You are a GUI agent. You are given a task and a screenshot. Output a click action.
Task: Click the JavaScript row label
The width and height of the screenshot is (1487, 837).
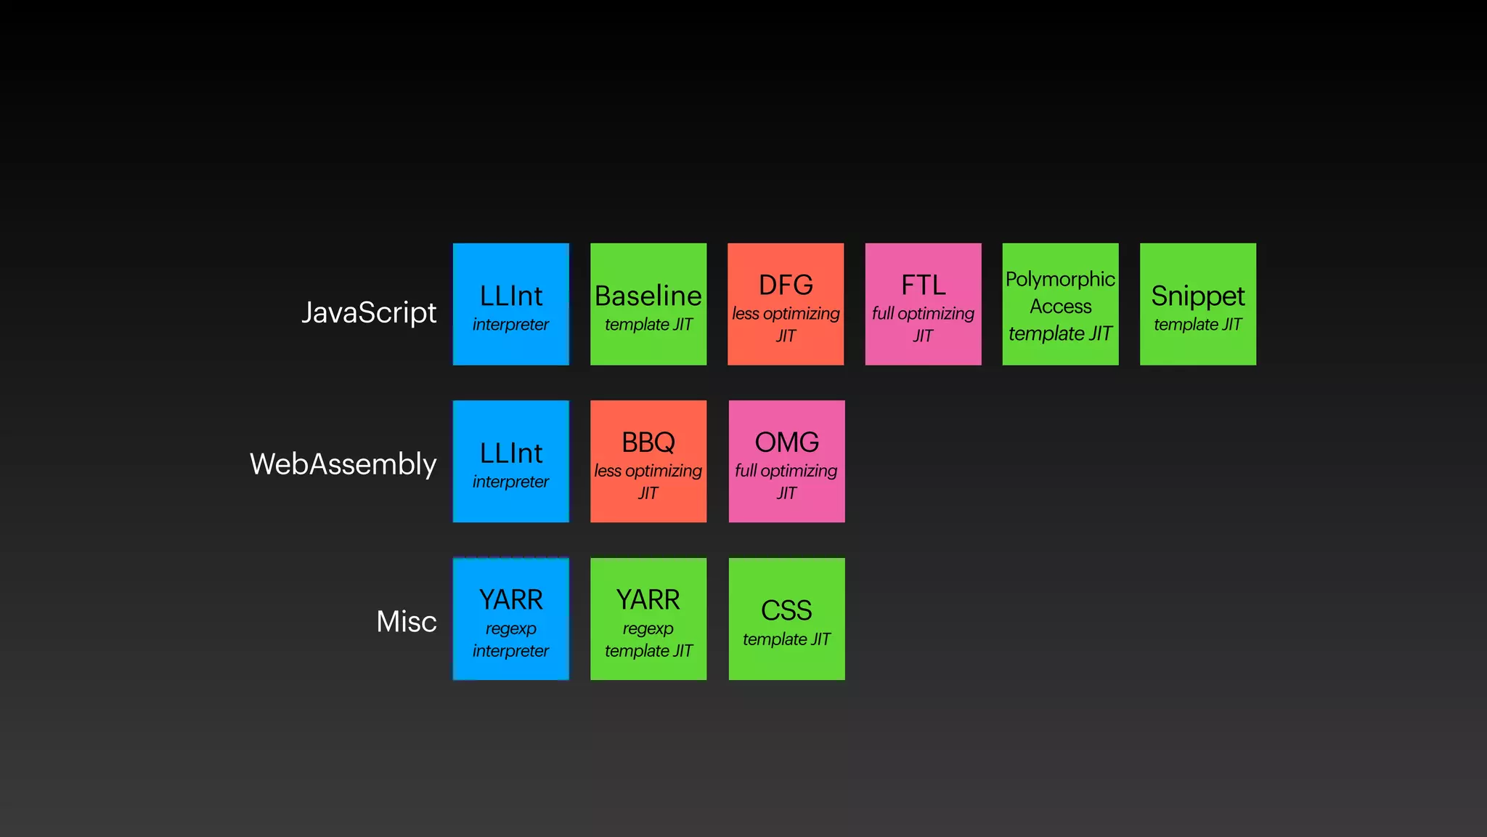click(x=369, y=312)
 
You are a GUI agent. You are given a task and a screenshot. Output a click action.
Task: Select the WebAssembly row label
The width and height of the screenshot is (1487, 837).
click(x=343, y=464)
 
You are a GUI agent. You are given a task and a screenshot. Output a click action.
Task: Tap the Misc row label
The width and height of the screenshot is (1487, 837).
click(x=406, y=622)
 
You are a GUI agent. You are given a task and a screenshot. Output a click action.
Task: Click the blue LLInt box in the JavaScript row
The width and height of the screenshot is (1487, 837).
click(x=510, y=304)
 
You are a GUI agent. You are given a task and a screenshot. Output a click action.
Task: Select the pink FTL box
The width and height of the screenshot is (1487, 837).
click(x=923, y=304)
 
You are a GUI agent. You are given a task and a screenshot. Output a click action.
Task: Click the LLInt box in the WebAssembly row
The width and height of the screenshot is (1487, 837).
click(x=510, y=461)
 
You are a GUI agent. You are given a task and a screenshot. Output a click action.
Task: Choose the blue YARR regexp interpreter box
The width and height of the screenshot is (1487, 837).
click(x=510, y=619)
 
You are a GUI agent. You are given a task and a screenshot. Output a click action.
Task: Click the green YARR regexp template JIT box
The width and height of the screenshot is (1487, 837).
click(x=648, y=619)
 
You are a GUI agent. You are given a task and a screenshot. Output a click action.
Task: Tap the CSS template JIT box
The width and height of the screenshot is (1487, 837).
click(x=786, y=619)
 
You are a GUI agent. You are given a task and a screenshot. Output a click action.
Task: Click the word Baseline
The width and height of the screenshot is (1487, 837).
click(x=648, y=296)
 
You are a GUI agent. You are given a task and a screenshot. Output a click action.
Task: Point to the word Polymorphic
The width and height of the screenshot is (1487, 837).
click(x=1060, y=280)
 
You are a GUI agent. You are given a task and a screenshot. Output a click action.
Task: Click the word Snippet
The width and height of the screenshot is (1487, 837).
click(x=1197, y=296)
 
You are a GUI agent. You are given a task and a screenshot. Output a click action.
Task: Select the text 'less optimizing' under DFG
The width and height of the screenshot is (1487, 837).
click(x=786, y=314)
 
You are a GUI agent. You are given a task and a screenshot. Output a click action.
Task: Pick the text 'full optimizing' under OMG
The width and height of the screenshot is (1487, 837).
click(x=786, y=471)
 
